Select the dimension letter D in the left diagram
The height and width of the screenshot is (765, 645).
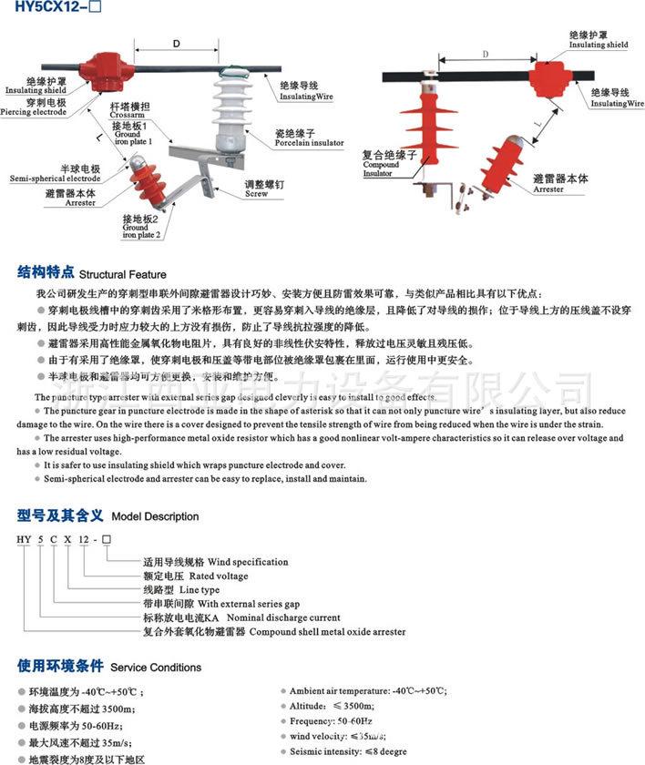point(177,43)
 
